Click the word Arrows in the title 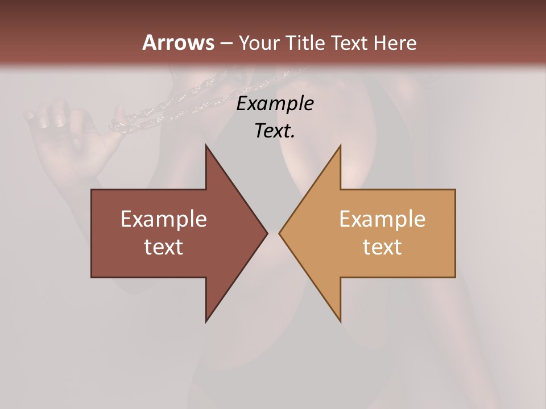(177, 43)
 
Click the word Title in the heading (306, 43)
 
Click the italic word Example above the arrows (275, 104)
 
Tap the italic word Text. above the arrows (275, 131)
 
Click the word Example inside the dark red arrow (164, 219)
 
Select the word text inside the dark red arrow (164, 247)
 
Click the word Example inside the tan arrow (382, 219)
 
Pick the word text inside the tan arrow (382, 247)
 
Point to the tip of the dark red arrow (266, 233)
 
